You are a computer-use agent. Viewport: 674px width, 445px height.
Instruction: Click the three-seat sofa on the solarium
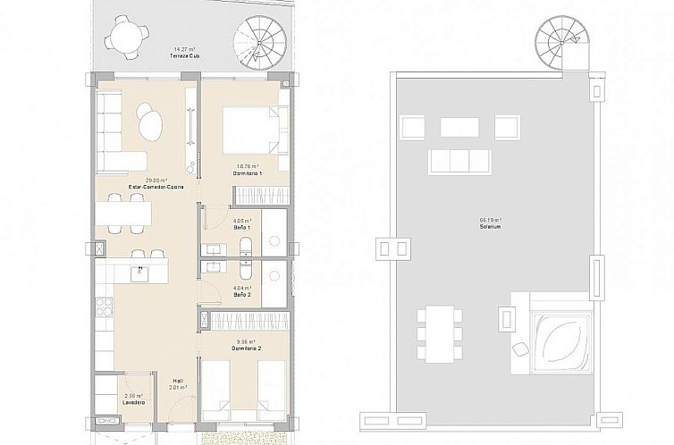[459, 161]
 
